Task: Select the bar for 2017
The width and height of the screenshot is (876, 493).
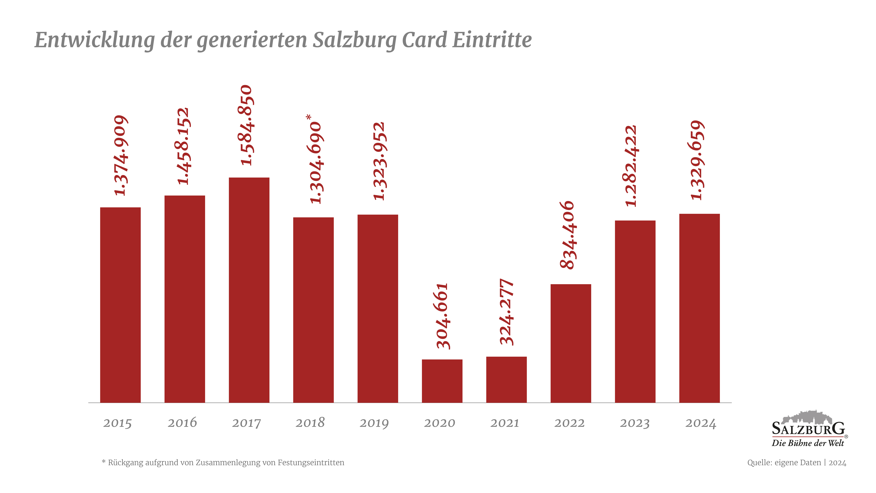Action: pos(249,290)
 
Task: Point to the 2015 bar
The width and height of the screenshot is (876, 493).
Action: pos(120,305)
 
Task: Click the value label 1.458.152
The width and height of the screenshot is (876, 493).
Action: pos(183,146)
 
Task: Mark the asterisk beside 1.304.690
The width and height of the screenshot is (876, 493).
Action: pos(308,117)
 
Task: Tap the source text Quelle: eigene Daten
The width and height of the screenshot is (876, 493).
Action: pos(784,463)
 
